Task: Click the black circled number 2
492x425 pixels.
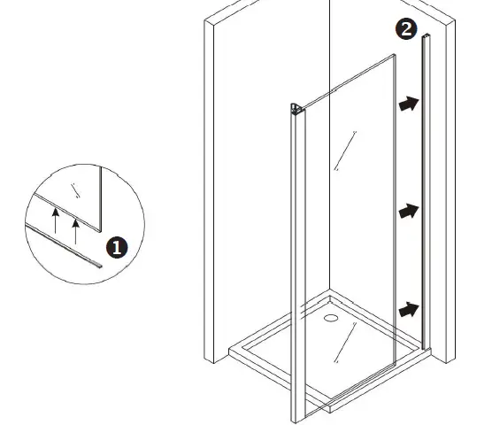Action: (x=405, y=29)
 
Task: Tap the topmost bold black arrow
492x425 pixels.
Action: (x=407, y=104)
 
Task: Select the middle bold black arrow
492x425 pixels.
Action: (x=407, y=212)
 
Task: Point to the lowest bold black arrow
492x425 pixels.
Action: (x=407, y=310)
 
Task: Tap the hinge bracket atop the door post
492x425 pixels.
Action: (x=296, y=110)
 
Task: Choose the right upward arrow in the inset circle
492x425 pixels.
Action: (x=76, y=226)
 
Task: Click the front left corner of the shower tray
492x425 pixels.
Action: (x=231, y=352)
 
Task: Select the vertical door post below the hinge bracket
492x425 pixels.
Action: (x=296, y=266)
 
